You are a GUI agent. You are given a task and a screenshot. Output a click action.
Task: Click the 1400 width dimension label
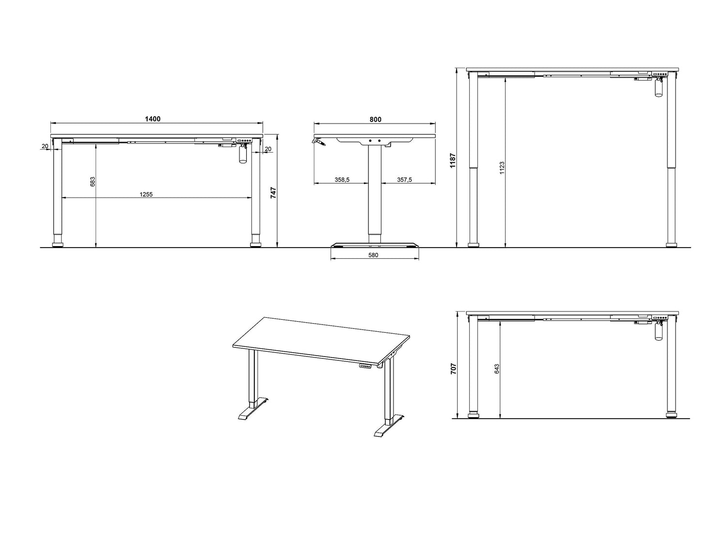point(153,119)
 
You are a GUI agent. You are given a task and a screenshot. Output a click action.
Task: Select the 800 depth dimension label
point(375,120)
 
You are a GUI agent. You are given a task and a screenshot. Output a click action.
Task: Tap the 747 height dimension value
point(273,193)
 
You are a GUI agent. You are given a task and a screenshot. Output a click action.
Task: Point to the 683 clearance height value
point(93,182)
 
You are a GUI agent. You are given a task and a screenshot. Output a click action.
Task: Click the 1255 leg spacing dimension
point(146,195)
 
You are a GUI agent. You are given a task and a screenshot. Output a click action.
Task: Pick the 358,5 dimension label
point(342,180)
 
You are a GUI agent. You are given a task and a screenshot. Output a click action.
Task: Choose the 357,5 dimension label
point(404,180)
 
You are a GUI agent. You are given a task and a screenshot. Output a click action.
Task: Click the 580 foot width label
point(373,255)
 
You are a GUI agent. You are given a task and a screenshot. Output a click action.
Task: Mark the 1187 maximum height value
point(453,160)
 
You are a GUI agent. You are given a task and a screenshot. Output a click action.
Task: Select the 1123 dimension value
point(502,168)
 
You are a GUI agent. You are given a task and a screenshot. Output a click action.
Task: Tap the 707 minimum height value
point(454,369)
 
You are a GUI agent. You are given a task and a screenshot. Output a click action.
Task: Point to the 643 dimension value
point(497,369)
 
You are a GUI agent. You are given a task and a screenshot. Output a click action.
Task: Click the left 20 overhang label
point(45,146)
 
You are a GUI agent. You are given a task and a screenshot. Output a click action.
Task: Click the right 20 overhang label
point(268,149)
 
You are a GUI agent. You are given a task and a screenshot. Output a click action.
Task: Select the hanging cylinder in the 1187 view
point(658,88)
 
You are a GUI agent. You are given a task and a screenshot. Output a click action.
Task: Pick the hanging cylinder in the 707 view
point(658,331)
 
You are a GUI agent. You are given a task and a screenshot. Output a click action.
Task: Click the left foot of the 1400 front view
point(58,245)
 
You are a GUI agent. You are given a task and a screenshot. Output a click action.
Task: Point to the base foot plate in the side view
point(375,245)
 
